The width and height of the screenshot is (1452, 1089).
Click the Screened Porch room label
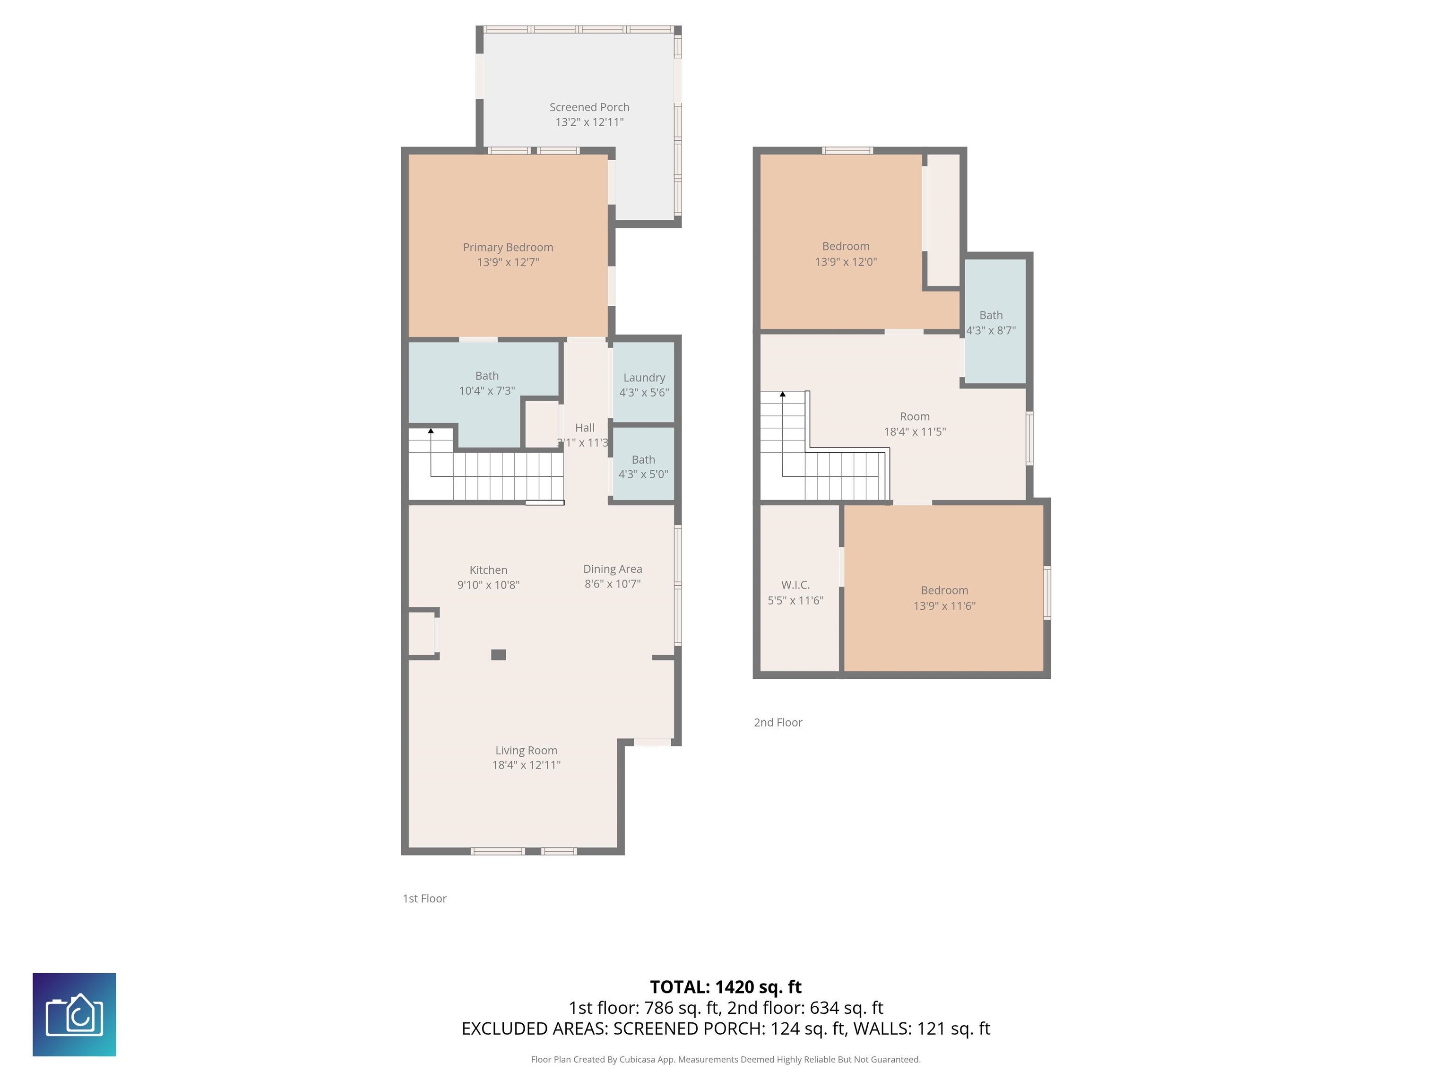pyautogui.click(x=589, y=107)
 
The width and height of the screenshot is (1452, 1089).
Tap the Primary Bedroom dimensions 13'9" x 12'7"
pyautogui.click(x=508, y=262)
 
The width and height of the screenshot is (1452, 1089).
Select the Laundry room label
pyautogui.click(x=644, y=378)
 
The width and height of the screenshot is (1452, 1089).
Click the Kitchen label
pyautogui.click(x=488, y=570)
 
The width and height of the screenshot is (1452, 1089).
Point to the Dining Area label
pyautogui.click(x=613, y=569)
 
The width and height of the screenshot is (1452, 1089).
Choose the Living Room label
pyautogui.click(x=527, y=750)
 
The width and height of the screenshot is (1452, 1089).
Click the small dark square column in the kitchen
pyautogui.click(x=499, y=655)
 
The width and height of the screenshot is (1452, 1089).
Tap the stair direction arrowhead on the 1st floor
pyautogui.click(x=431, y=431)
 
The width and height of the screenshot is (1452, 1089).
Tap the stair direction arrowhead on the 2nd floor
pyautogui.click(x=782, y=394)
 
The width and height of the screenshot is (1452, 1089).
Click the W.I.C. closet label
pyautogui.click(x=795, y=585)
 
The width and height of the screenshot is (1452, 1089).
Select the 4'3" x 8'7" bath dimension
pyautogui.click(x=991, y=330)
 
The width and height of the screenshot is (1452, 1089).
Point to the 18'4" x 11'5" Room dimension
pyautogui.click(x=915, y=431)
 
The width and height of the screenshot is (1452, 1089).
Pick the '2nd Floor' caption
pyautogui.click(x=778, y=722)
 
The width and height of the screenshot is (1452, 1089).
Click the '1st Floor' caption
pyautogui.click(x=425, y=898)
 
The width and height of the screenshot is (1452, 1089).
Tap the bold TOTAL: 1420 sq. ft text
pyautogui.click(x=726, y=986)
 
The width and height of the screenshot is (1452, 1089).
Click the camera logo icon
pyautogui.click(x=74, y=1014)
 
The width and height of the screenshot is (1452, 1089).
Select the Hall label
pyautogui.click(x=585, y=427)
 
